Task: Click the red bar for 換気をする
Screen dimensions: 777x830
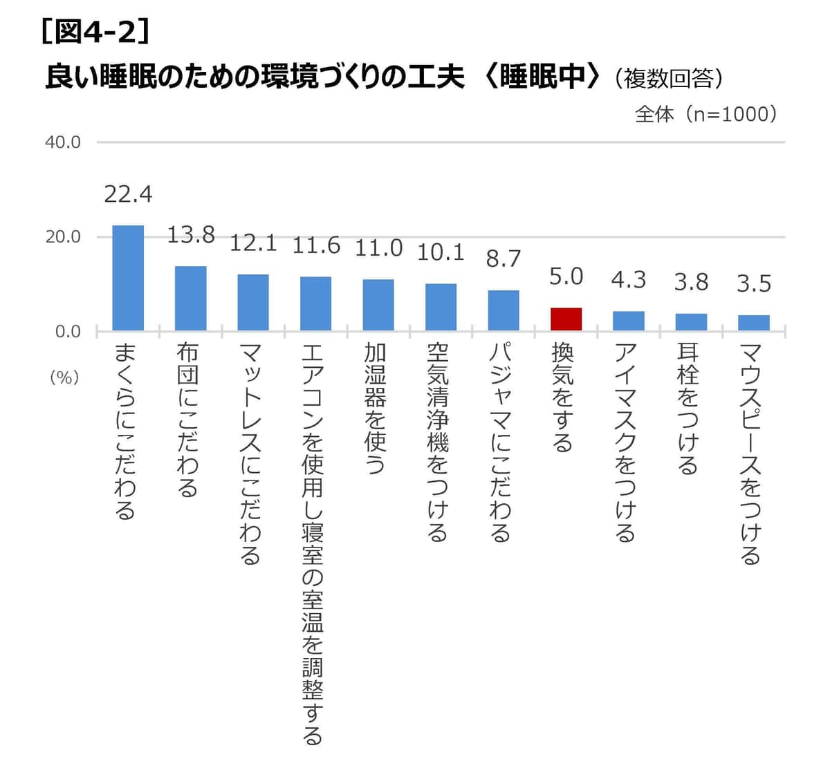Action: tap(566, 319)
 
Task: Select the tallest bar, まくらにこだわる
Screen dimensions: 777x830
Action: tap(128, 278)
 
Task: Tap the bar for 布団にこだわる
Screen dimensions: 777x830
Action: tap(190, 298)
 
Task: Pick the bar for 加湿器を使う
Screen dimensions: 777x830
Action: tap(378, 305)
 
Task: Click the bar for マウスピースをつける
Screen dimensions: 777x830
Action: tap(753, 323)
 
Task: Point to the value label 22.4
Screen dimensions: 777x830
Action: tap(128, 194)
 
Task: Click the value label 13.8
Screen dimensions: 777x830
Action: tap(190, 235)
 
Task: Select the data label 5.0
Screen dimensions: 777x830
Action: tap(566, 277)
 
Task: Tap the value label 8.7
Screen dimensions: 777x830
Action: tap(503, 259)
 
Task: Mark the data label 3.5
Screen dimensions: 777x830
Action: tap(753, 283)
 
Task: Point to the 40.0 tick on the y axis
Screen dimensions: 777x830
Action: tap(63, 142)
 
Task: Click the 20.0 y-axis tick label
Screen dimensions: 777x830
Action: tap(63, 237)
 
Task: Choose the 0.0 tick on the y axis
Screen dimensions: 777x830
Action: tap(67, 332)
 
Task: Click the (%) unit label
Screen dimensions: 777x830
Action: tap(64, 377)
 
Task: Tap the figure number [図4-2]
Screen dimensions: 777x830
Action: tap(95, 32)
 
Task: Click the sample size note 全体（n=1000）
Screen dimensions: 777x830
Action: tap(705, 114)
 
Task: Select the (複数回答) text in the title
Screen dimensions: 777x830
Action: tap(668, 78)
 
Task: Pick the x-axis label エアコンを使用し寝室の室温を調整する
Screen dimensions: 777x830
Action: tap(313, 543)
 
